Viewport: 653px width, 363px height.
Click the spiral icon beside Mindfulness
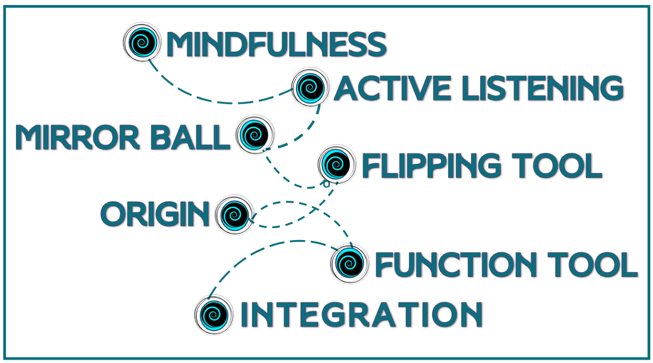142,42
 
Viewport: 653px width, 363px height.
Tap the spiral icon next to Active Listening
310,87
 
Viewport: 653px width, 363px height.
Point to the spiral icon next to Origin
234,214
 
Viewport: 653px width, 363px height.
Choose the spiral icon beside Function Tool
349,263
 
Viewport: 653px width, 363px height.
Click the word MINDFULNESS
276,45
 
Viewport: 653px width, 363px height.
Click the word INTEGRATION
361,314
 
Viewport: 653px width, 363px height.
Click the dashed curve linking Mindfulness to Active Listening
219,102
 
